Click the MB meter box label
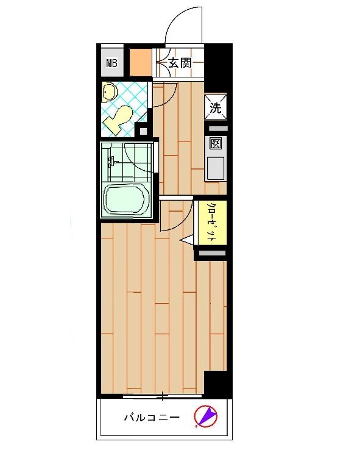click(x=111, y=63)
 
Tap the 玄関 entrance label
click(x=180, y=63)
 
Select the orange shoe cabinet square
click(x=141, y=62)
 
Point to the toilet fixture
click(x=119, y=120)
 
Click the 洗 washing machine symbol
click(x=216, y=107)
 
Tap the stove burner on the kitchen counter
click(x=215, y=144)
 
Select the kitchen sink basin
click(x=216, y=168)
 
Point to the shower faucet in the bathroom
click(x=111, y=162)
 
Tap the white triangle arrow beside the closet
click(x=186, y=240)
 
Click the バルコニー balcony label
click(x=152, y=417)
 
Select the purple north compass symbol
click(x=206, y=416)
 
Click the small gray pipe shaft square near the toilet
click(x=143, y=131)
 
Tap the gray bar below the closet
click(x=213, y=253)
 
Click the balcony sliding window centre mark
click(x=163, y=396)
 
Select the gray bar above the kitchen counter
click(x=218, y=129)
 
